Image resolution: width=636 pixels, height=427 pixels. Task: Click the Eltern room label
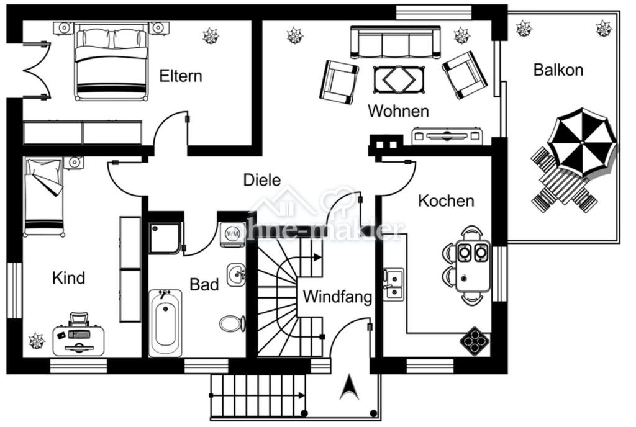pyautogui.click(x=181, y=76)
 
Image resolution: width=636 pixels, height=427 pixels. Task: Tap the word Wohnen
pyautogui.click(x=398, y=110)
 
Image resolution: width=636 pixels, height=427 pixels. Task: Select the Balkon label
pyautogui.click(x=558, y=70)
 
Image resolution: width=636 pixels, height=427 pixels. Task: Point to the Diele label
pyautogui.click(x=262, y=180)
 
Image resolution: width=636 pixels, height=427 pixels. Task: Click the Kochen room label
pyautogui.click(x=446, y=200)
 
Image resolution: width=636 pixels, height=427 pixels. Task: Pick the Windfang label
pyautogui.click(x=337, y=297)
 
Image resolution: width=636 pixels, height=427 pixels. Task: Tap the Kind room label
pyautogui.click(x=68, y=278)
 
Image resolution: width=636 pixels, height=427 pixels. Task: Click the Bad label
pyautogui.click(x=204, y=284)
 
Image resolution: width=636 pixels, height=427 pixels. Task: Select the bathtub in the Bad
pyautogui.click(x=165, y=323)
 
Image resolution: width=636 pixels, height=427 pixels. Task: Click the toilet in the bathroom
pyautogui.click(x=232, y=324)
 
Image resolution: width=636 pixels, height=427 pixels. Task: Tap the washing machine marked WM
pyautogui.click(x=232, y=234)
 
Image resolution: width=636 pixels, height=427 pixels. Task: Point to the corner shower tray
pyautogui.click(x=165, y=238)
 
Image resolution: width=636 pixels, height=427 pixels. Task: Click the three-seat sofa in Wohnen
pyautogui.click(x=396, y=43)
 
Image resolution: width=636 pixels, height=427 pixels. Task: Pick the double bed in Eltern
pyautogui.click(x=111, y=61)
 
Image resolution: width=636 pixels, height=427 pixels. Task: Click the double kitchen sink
pyautogui.click(x=393, y=284)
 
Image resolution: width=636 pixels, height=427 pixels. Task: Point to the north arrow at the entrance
pyautogui.click(x=349, y=387)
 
